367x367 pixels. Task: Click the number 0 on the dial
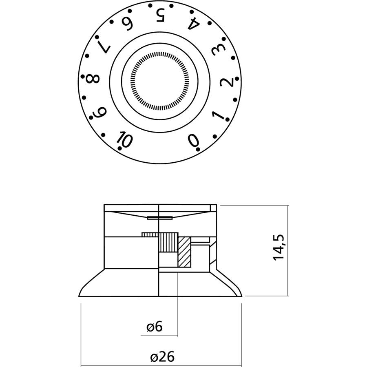(193, 140)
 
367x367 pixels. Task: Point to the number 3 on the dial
(217, 51)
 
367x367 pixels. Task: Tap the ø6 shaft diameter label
(155, 326)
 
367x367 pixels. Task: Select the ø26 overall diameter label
(162, 357)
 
